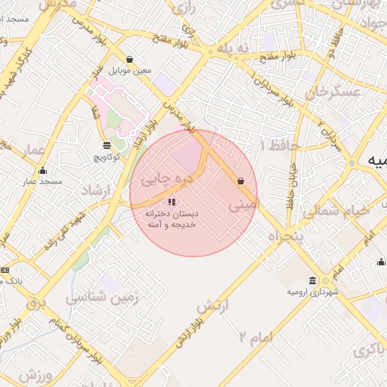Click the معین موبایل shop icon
(130, 59)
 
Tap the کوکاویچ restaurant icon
(106, 144)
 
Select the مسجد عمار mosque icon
(42, 170)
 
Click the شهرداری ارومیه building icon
(325, 280)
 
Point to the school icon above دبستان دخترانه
(172, 202)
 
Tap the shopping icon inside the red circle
(240, 181)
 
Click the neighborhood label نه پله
(232, 48)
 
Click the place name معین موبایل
(130, 71)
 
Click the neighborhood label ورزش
(35, 375)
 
